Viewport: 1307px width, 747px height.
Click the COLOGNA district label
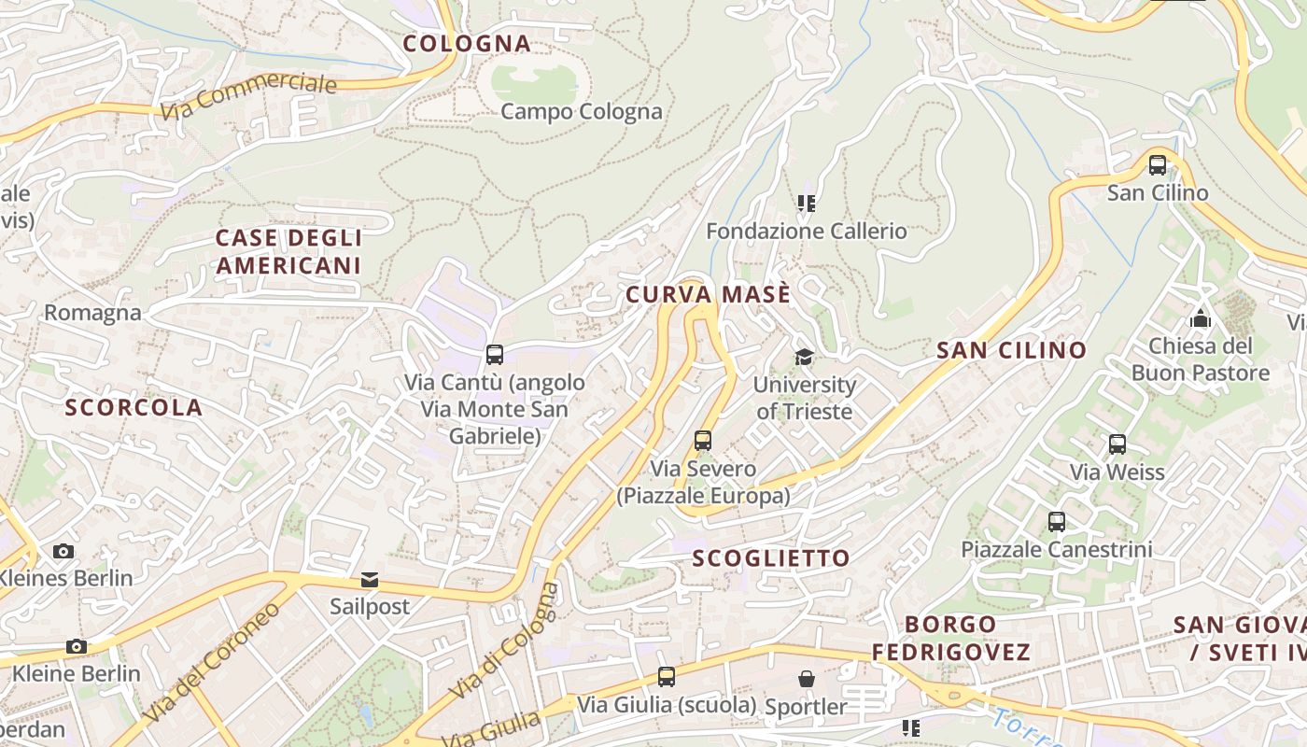coord(467,43)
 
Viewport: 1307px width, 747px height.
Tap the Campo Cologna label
coord(581,111)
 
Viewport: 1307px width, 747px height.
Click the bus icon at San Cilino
coord(1158,165)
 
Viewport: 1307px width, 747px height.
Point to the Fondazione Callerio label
coord(806,230)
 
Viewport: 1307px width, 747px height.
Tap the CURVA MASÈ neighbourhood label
coord(708,294)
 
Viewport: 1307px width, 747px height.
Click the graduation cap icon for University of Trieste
coord(804,357)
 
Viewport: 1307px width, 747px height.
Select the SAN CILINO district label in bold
coord(1011,350)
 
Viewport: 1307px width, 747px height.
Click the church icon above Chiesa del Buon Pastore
coord(1201,318)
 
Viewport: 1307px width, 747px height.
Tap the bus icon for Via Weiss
coord(1117,444)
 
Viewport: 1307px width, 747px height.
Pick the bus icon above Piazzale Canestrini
coord(1057,522)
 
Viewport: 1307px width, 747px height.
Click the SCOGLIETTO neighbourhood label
coord(771,558)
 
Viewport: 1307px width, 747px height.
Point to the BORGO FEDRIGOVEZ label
coord(951,638)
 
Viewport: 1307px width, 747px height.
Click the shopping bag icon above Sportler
coord(806,679)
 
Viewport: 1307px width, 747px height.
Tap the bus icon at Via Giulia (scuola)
coord(667,677)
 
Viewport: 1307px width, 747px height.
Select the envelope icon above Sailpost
coord(370,580)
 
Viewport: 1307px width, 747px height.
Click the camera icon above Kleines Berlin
coord(63,551)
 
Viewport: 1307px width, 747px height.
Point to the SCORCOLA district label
coord(134,407)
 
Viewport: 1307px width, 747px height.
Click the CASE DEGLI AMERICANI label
coord(288,251)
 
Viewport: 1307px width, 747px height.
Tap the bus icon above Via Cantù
coord(495,355)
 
